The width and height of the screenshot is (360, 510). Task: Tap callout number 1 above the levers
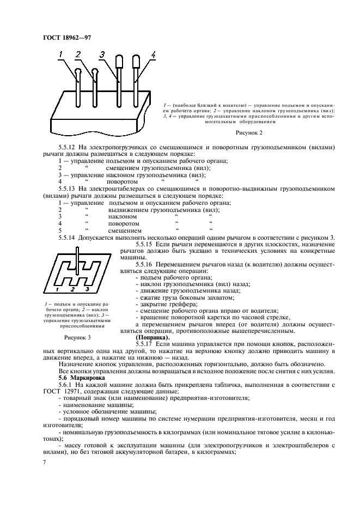tap(62, 54)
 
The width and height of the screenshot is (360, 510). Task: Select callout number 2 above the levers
tap(78, 54)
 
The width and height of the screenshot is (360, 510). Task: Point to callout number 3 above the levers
tap(102, 54)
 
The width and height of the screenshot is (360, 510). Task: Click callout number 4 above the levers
tap(154, 54)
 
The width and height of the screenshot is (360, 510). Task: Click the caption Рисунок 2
tap(249, 132)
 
